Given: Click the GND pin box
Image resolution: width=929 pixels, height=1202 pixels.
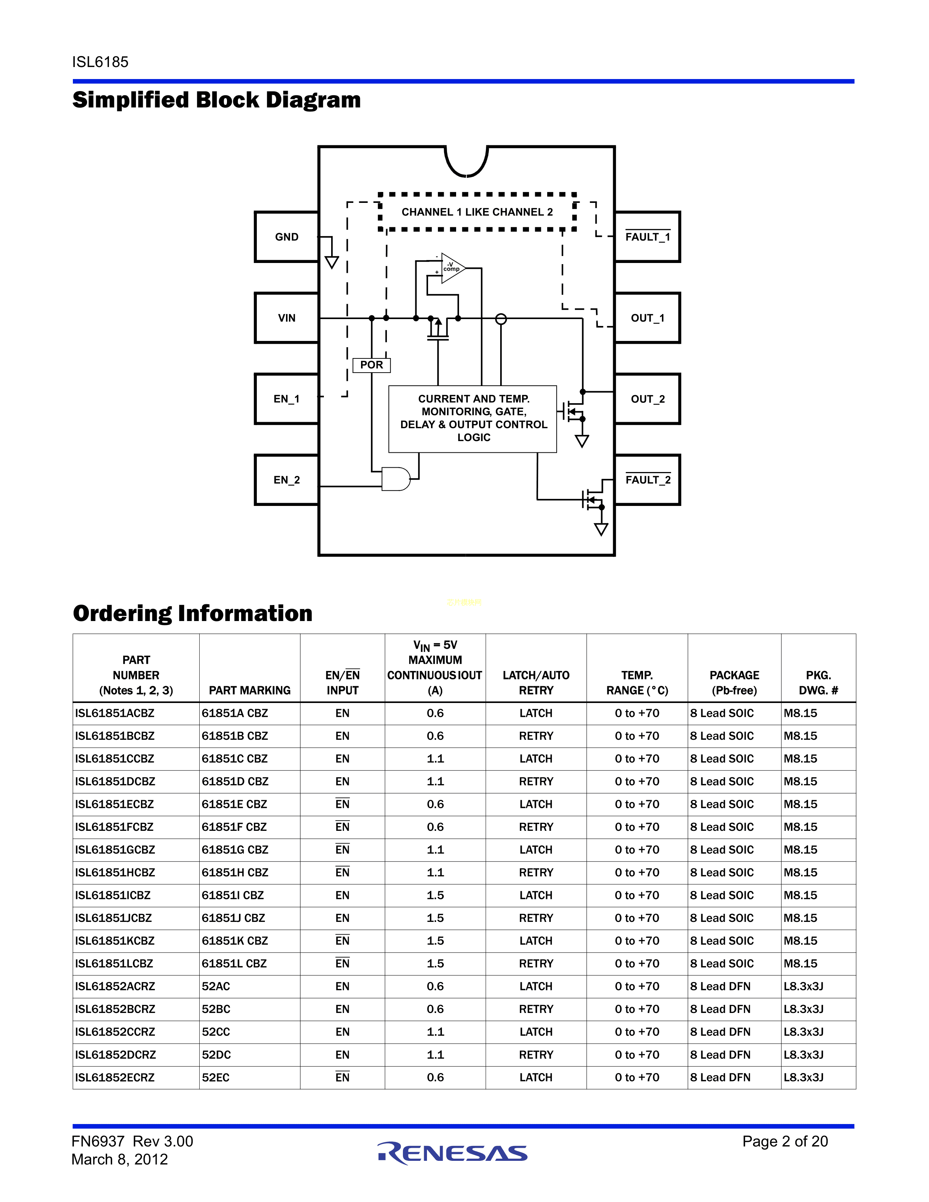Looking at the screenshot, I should [286, 237].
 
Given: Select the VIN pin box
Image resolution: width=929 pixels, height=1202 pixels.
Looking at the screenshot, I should [286, 318].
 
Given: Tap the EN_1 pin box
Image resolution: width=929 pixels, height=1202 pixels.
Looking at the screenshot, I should [286, 398].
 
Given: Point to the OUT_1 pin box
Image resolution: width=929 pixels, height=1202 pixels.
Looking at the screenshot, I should [647, 318].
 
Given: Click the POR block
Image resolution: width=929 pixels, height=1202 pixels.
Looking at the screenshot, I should [372, 365].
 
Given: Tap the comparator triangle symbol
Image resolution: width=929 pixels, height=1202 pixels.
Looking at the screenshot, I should [452, 268].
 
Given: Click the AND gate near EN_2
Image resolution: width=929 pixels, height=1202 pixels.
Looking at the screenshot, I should [396, 479].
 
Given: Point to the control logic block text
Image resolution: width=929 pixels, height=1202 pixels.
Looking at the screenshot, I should [473, 418].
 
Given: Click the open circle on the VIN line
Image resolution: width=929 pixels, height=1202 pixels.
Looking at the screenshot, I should [501, 319].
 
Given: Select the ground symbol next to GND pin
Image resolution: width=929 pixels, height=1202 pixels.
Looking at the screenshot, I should [331, 262].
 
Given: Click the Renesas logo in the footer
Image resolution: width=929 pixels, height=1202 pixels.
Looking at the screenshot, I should [452, 1152].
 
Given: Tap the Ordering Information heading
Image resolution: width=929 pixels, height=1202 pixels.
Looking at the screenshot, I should [193, 613].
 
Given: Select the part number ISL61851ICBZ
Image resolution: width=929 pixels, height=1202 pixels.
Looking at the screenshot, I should [113, 895].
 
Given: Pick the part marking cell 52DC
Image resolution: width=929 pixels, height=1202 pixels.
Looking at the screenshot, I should [216, 1054].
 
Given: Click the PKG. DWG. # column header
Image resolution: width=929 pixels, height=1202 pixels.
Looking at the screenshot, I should [818, 683].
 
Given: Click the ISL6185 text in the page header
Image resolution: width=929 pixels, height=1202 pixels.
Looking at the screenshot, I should [100, 62].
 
